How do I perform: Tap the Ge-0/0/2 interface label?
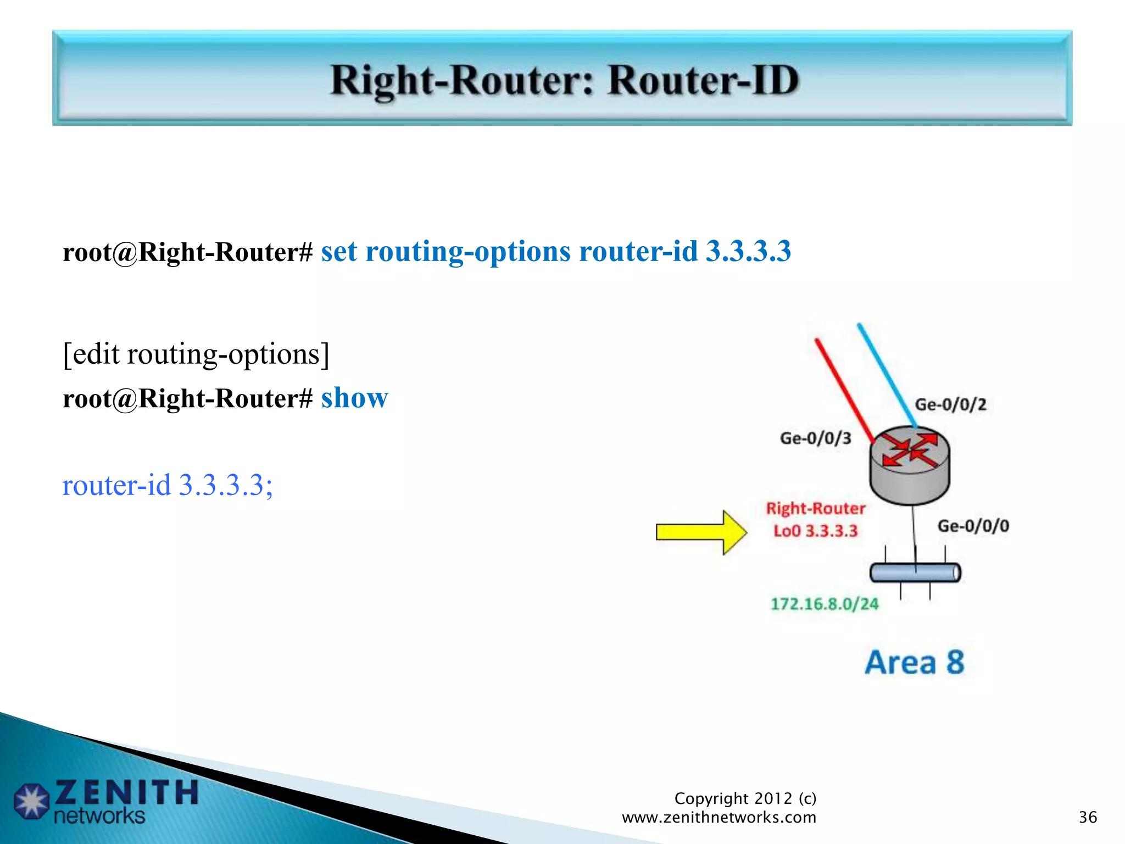(x=950, y=405)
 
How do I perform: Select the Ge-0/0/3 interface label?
(x=815, y=438)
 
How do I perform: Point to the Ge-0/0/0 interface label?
(x=973, y=526)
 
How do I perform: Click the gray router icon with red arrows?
(x=910, y=465)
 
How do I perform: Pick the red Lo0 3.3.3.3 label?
(x=815, y=531)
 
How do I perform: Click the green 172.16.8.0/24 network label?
(x=824, y=604)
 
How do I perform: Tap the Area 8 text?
(x=915, y=662)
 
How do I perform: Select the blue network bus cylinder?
(x=915, y=573)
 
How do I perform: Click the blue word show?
(x=354, y=398)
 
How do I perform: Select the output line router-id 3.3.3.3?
(x=168, y=485)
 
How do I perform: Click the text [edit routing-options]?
(x=196, y=354)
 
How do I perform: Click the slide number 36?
(x=1088, y=817)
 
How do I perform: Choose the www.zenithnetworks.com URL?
(x=719, y=817)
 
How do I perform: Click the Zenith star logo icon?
(x=31, y=801)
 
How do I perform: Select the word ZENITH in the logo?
(x=126, y=792)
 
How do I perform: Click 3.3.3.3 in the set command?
(x=748, y=252)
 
